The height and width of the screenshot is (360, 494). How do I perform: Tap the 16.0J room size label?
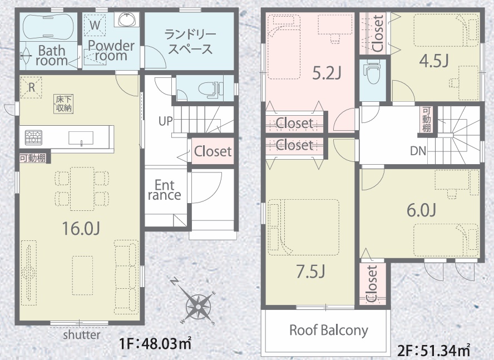click(81, 229)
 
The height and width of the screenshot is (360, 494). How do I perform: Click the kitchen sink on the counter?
click(81, 138)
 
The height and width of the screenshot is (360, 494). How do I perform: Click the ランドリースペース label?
click(190, 42)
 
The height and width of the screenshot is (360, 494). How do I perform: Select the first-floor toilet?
click(210, 88)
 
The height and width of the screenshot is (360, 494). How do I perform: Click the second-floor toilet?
click(373, 72)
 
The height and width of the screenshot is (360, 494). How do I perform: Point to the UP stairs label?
click(165, 121)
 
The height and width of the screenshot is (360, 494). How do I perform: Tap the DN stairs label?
click(418, 151)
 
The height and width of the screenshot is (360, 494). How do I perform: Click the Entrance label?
click(165, 190)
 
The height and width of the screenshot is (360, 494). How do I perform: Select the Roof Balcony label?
click(329, 330)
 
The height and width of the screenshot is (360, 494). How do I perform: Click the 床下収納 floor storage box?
click(64, 103)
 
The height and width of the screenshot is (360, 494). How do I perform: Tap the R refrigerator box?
click(31, 87)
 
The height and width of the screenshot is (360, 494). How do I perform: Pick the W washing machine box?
click(95, 25)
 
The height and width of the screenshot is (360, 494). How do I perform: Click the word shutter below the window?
click(82, 334)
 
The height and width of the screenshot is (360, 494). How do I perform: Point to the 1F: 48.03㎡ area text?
click(155, 343)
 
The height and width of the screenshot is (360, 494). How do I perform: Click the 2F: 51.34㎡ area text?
click(434, 349)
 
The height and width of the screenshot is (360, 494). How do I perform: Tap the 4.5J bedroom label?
click(434, 61)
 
